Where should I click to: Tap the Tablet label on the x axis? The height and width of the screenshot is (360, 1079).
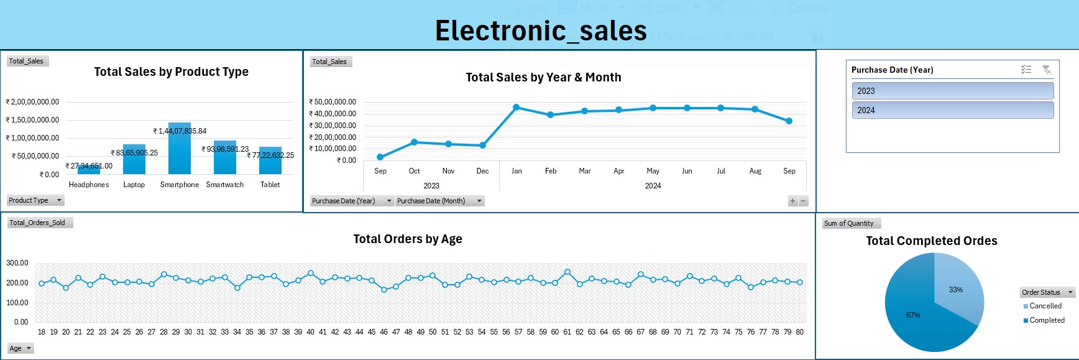point(270,185)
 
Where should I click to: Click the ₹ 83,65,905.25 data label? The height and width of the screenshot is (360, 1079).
point(134,152)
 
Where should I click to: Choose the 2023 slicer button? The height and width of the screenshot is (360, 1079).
point(952,91)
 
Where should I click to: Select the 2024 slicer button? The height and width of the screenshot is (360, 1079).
point(952,110)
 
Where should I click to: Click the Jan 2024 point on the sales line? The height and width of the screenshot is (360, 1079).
point(517,108)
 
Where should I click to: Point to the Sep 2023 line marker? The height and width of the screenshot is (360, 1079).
point(380,157)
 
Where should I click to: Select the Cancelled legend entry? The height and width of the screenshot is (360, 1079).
point(1045,306)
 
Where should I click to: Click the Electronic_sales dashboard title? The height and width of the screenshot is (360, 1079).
point(541,31)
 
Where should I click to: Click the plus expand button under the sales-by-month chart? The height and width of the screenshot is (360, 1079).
point(792,201)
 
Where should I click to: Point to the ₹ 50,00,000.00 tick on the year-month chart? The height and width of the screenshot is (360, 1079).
point(333,102)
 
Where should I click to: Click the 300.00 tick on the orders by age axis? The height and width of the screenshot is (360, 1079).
point(17,263)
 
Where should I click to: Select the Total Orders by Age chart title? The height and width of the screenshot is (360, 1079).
point(408,239)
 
